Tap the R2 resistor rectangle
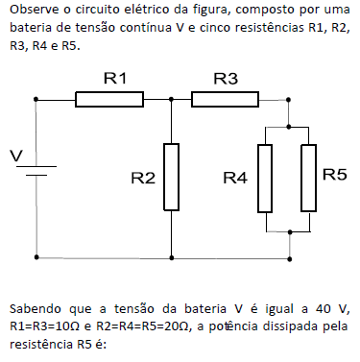[x=171, y=176]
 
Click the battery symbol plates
[x=37, y=170]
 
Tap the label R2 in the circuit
[x=143, y=178]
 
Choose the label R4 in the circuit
[x=235, y=178]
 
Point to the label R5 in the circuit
[x=335, y=175]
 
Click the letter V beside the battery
[x=13, y=156]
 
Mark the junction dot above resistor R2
[x=171, y=98]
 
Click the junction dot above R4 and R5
[x=288, y=125]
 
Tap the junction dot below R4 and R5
[x=288, y=231]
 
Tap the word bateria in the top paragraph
[x=35, y=28]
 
